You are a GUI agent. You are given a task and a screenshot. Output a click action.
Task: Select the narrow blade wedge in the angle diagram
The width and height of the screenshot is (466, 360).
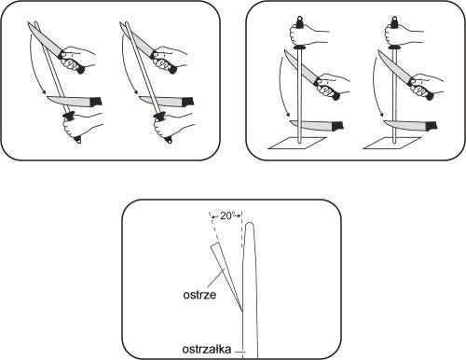222,270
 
